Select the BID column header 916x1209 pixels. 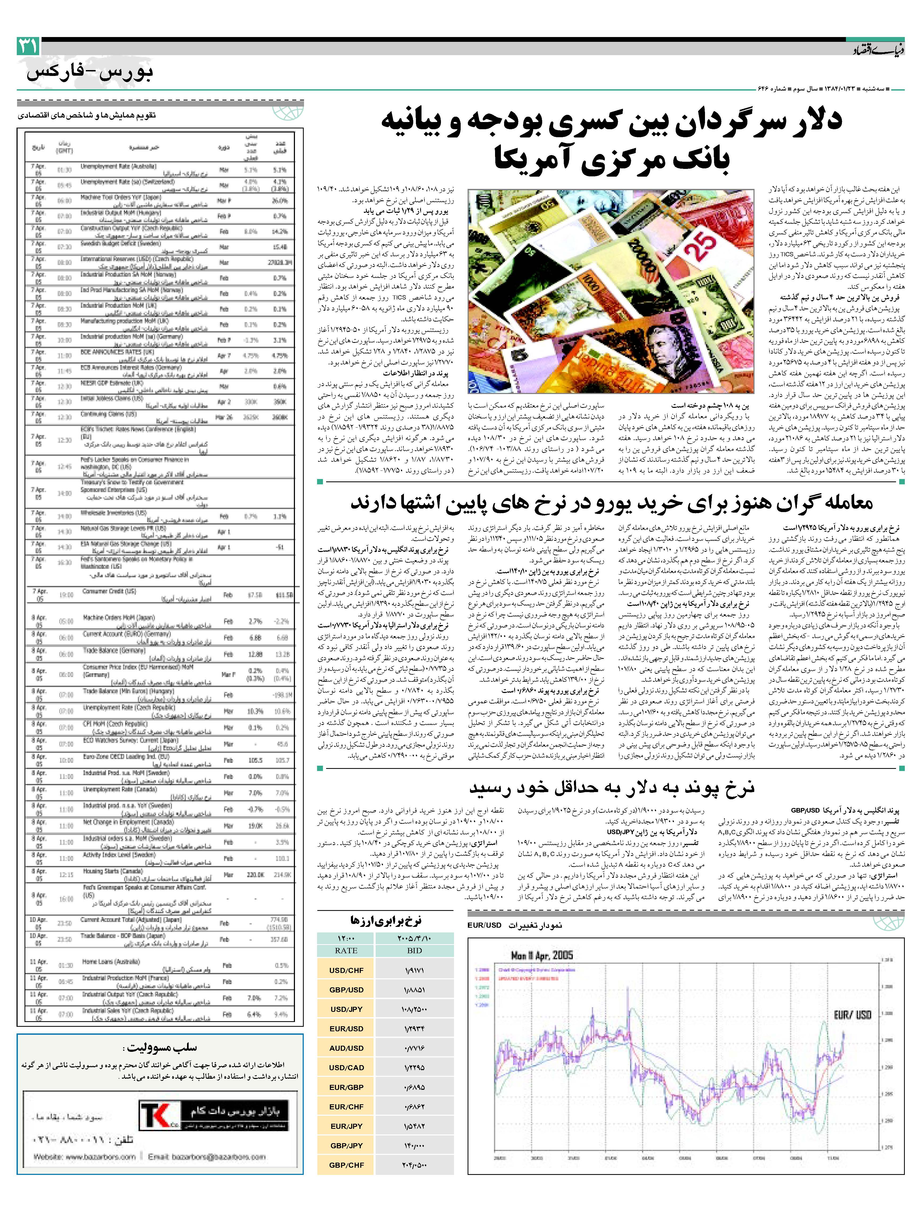(x=414, y=951)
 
